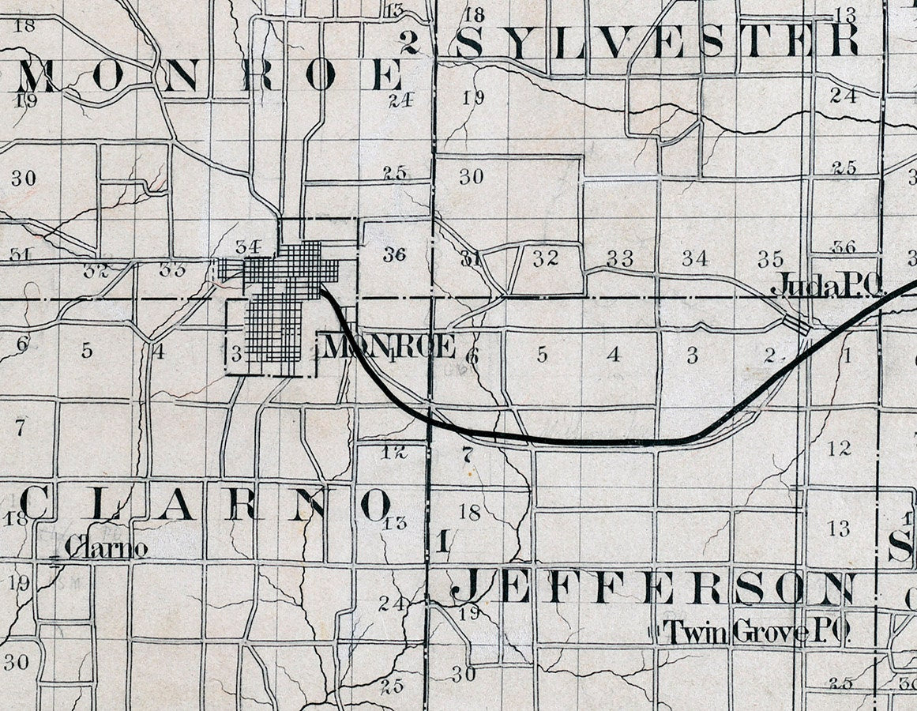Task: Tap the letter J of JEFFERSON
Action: pyautogui.click(x=466, y=586)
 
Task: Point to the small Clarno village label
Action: pyautogui.click(x=106, y=547)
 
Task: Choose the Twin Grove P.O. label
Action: pyautogui.click(x=756, y=631)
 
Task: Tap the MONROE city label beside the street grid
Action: pyautogui.click(x=389, y=346)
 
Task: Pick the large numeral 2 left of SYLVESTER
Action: pyautogui.click(x=408, y=42)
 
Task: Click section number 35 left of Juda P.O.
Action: pyautogui.click(x=770, y=259)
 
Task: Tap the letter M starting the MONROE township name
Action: pyautogui.click(x=38, y=76)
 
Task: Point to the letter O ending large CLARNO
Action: pyautogui.click(x=374, y=504)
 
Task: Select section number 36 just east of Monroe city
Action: pyautogui.click(x=393, y=254)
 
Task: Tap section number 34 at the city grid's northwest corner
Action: pyautogui.click(x=248, y=246)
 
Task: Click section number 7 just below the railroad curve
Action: pyautogui.click(x=466, y=454)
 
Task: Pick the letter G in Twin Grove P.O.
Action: pyautogui.click(x=742, y=631)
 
